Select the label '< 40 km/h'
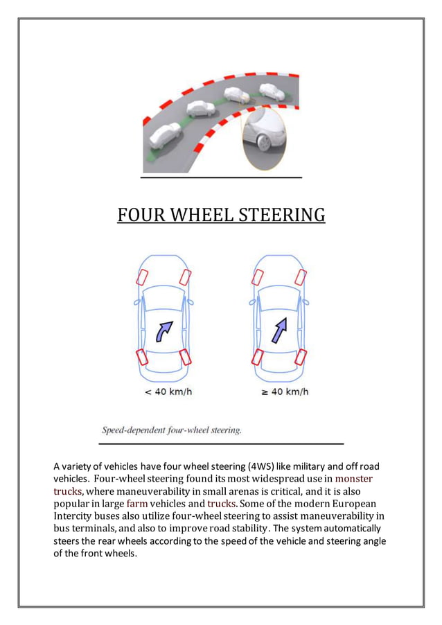click(x=168, y=391)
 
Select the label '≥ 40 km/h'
click(x=284, y=391)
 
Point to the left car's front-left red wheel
click(x=141, y=277)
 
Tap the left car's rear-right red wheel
click(x=186, y=358)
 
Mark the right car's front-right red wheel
click(x=300, y=277)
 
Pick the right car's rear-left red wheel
click(x=257, y=358)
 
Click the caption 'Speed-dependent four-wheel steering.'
click(x=172, y=430)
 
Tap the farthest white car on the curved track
click(x=270, y=91)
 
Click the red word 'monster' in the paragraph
click(x=354, y=479)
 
